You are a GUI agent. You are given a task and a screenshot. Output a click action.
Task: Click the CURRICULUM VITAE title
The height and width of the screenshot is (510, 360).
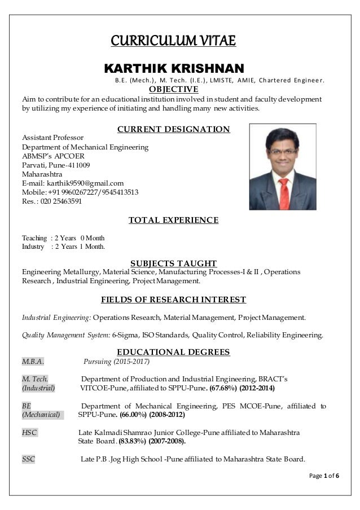tap(173, 42)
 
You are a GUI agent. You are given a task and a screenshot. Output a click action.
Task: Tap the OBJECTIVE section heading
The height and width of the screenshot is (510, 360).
tap(173, 89)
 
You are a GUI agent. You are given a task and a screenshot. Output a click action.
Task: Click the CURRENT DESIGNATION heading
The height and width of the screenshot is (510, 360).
tap(173, 129)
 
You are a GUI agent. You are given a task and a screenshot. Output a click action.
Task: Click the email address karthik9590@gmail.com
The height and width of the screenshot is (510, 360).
tap(88, 183)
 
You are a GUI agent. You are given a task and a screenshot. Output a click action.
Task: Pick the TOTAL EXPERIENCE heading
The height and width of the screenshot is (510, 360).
tap(173, 220)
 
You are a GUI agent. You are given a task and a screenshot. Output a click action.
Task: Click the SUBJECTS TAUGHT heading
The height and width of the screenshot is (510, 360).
tap(173, 263)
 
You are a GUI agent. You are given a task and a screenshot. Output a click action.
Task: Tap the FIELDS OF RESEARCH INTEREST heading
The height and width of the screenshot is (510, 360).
tap(173, 299)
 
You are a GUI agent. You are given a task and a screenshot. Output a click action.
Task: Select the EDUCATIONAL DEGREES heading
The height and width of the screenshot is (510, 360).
tap(173, 352)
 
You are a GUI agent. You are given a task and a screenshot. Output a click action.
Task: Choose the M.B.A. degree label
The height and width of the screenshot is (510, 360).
tap(33, 362)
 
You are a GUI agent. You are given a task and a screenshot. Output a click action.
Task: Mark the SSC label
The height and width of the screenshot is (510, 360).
tap(28, 459)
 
